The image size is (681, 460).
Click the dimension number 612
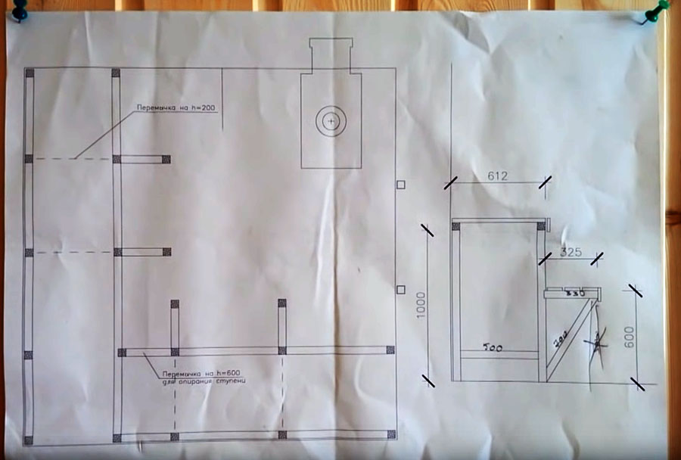pyautogui.click(x=497, y=176)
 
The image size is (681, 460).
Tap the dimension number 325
pyautogui.click(x=573, y=253)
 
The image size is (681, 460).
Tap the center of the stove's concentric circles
pyautogui.click(x=331, y=120)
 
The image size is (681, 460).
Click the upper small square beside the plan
pyautogui.click(x=401, y=185)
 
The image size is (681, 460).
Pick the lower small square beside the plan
pyautogui.click(x=401, y=288)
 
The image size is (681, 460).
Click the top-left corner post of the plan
pyautogui.click(x=30, y=73)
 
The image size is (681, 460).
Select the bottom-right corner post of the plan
pyautogui.click(x=390, y=435)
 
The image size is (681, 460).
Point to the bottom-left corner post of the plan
pyautogui.click(x=29, y=440)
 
